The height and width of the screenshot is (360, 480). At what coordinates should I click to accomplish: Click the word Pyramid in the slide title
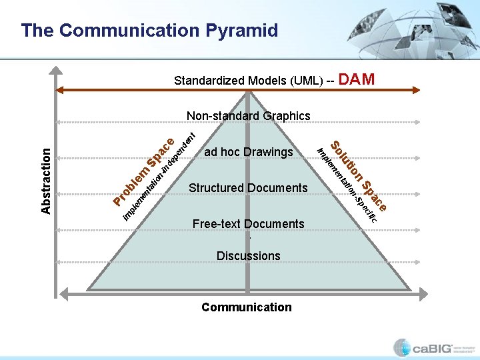[242, 30]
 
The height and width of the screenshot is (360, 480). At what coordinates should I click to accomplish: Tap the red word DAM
[357, 80]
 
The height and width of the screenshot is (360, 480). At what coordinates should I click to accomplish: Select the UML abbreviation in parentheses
[307, 81]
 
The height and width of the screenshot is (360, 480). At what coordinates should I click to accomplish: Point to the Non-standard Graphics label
[248, 116]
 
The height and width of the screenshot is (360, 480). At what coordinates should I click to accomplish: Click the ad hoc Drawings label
[248, 152]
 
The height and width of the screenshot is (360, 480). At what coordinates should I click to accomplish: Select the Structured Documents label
[248, 188]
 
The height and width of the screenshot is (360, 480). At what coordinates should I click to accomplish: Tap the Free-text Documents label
[248, 224]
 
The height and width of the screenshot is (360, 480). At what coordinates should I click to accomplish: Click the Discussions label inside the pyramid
[248, 256]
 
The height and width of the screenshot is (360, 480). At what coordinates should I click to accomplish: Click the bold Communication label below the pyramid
[247, 307]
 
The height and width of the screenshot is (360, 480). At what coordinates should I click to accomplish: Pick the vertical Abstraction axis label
[46, 181]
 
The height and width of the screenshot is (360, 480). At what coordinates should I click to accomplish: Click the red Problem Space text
[143, 172]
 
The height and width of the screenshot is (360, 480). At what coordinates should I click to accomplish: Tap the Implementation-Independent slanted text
[160, 177]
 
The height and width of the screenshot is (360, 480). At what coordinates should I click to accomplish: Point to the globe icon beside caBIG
[402, 347]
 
